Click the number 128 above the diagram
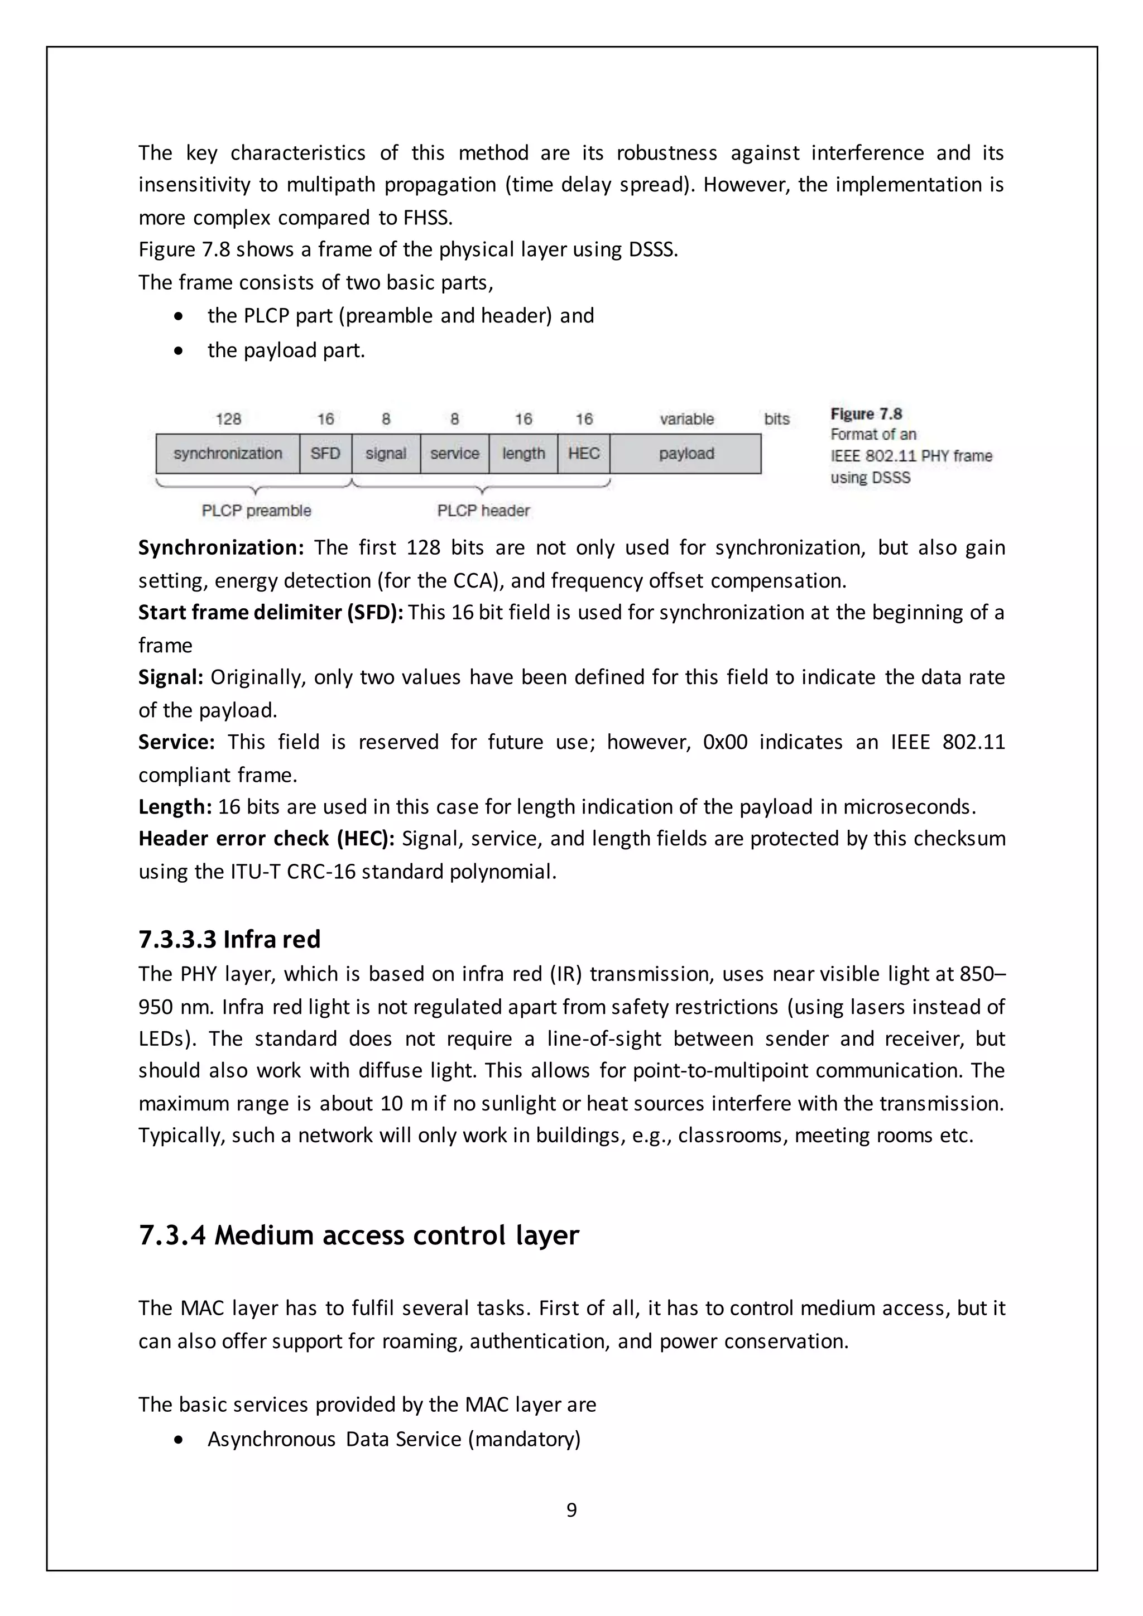pos(228,420)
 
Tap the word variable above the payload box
pos(686,420)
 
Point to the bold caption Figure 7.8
pos(866,414)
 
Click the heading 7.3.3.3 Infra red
pos(229,939)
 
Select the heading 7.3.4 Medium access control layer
pos(358,1235)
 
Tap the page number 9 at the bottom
pos(571,1510)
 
